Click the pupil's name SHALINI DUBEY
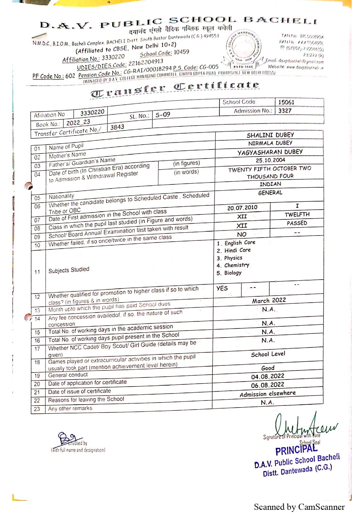pyautogui.click(x=270, y=135)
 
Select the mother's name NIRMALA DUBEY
pyautogui.click(x=270, y=143)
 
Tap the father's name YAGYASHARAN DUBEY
pyautogui.click(x=270, y=152)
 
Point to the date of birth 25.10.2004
pyautogui.click(x=270, y=160)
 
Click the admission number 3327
pyautogui.click(x=285, y=111)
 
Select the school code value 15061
pyautogui.click(x=286, y=102)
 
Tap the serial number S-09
pyautogui.click(x=163, y=115)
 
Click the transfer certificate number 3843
pyautogui.click(x=117, y=127)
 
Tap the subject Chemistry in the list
pyautogui.click(x=237, y=265)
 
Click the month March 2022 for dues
pyautogui.click(x=269, y=300)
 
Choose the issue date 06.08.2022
pyautogui.click(x=267, y=385)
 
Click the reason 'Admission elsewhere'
pyautogui.click(x=267, y=394)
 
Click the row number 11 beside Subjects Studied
pyautogui.click(x=37, y=272)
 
